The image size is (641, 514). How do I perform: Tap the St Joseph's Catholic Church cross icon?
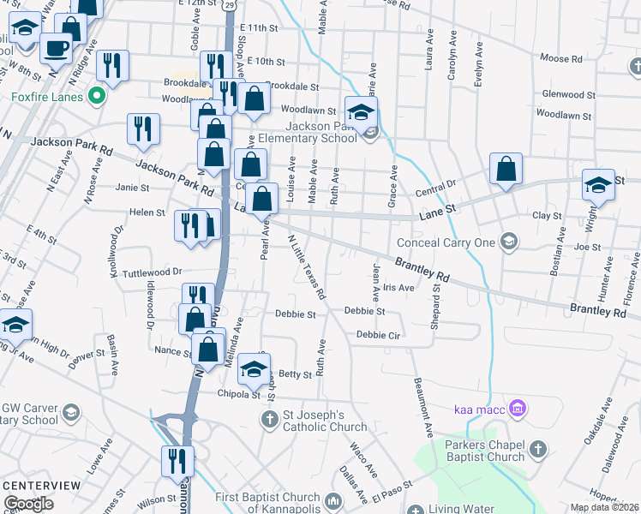[x=268, y=419]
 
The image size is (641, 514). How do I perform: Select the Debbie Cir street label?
[x=379, y=335]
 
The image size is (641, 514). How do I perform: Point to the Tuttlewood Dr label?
[x=153, y=272]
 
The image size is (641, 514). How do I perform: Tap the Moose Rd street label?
[x=561, y=59]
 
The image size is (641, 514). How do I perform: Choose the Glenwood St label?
[x=568, y=95]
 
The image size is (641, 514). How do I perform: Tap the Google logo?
[x=29, y=504]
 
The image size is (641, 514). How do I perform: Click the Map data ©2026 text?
[x=604, y=508]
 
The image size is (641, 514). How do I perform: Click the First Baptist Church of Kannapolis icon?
[x=332, y=499]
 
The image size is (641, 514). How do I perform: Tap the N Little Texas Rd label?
[x=307, y=266]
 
